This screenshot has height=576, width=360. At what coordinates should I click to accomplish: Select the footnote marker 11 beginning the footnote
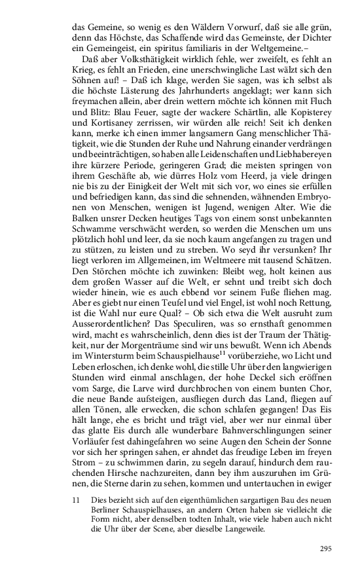(77, 499)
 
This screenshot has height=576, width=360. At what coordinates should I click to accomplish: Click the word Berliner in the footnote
(109, 509)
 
